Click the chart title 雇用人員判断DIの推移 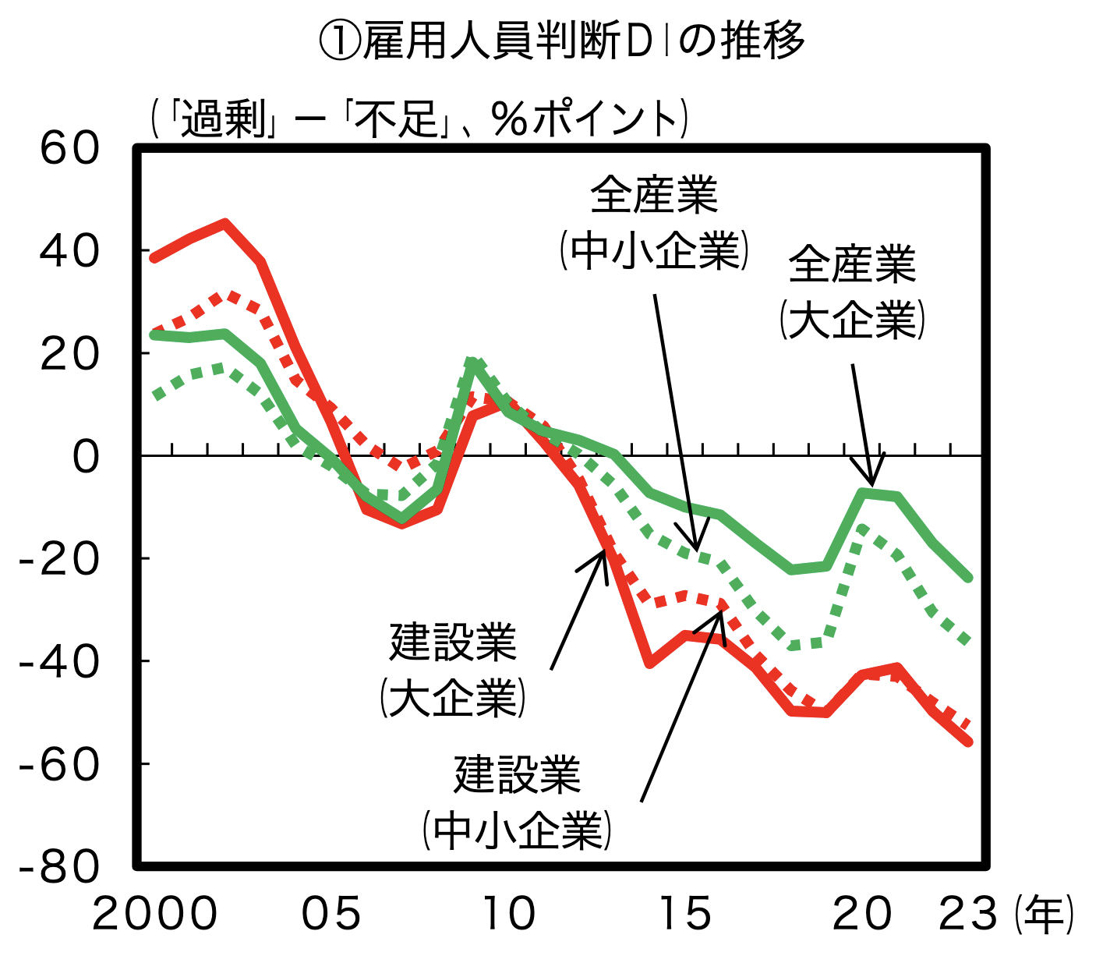[561, 41]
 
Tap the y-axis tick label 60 [70, 148]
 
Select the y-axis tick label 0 [86, 456]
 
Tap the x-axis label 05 [332, 914]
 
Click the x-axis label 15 [686, 914]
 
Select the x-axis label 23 [968, 914]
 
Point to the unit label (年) [1045, 914]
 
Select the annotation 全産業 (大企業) [852, 292]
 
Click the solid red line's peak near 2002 [225, 224]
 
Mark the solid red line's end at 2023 [968, 742]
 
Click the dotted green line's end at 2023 [968, 641]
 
